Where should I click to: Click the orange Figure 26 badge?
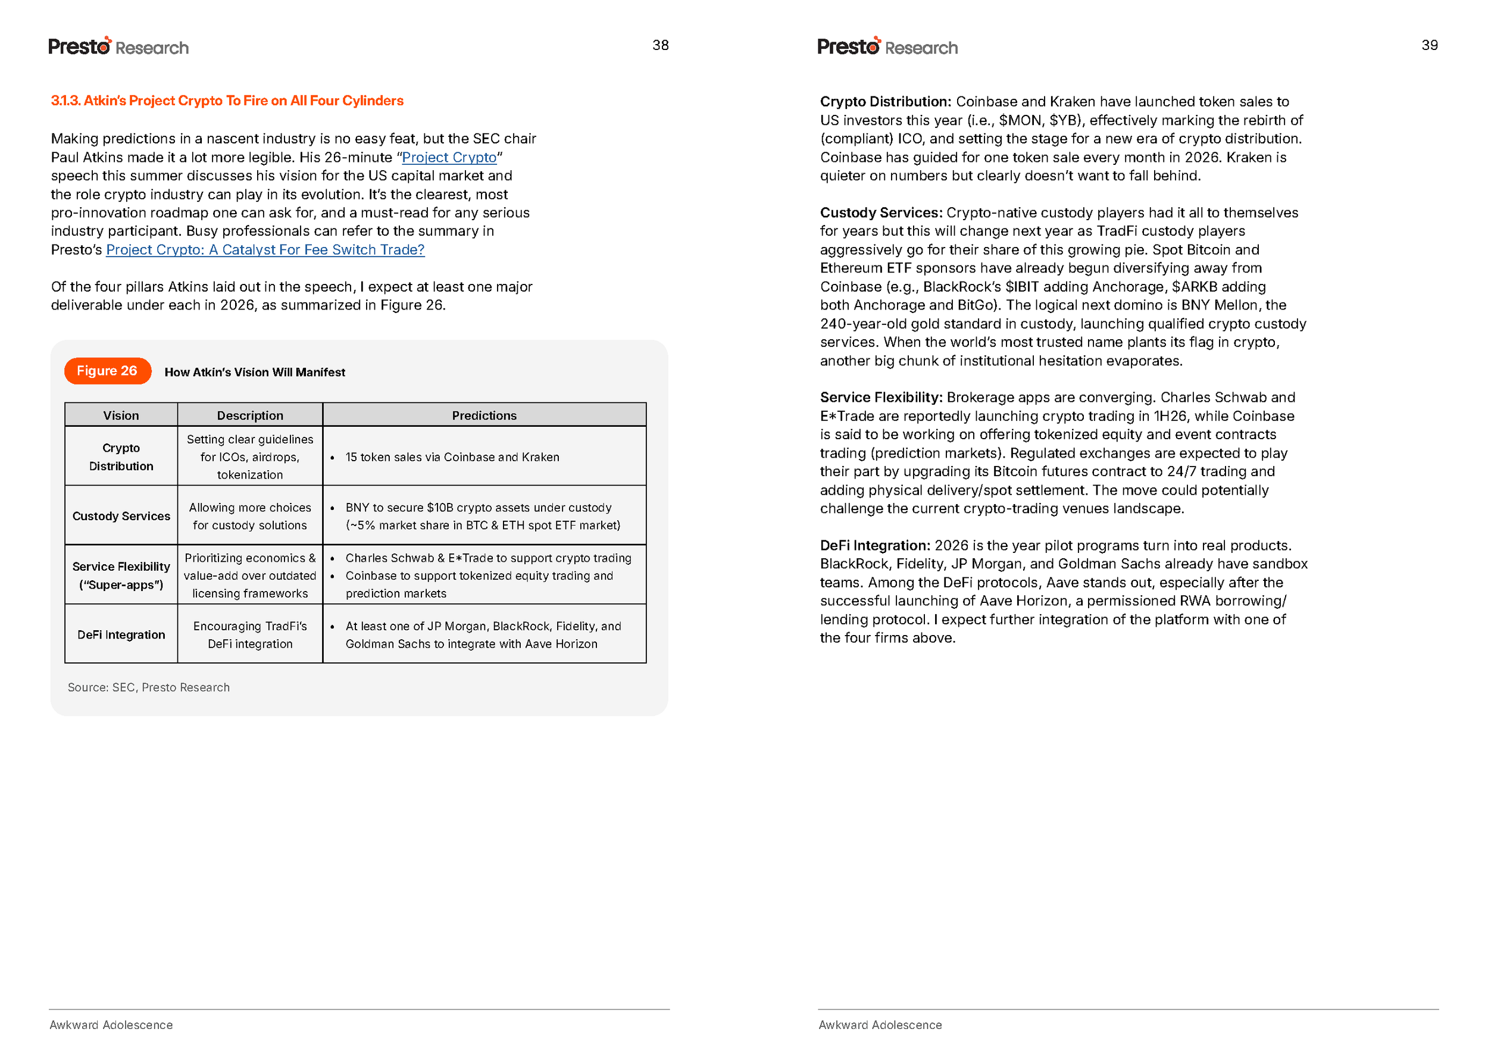click(x=107, y=371)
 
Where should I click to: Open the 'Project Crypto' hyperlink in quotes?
click(x=449, y=158)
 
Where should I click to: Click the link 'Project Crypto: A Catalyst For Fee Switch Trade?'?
click(x=265, y=250)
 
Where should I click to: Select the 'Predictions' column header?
click(x=484, y=415)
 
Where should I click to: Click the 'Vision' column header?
click(x=121, y=415)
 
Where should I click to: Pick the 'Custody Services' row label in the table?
click(x=121, y=516)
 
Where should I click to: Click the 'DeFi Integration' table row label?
click(x=121, y=634)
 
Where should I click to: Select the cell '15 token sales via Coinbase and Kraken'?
click(x=452, y=458)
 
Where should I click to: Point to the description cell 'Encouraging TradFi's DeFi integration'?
click(x=250, y=634)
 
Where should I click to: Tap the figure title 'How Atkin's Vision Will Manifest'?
click(x=255, y=373)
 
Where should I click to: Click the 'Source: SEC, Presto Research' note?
click(x=148, y=687)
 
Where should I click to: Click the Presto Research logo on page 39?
click(x=887, y=47)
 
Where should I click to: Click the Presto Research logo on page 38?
click(x=118, y=47)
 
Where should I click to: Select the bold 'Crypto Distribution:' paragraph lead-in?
click(x=885, y=102)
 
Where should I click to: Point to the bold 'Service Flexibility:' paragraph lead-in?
click(x=881, y=398)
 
